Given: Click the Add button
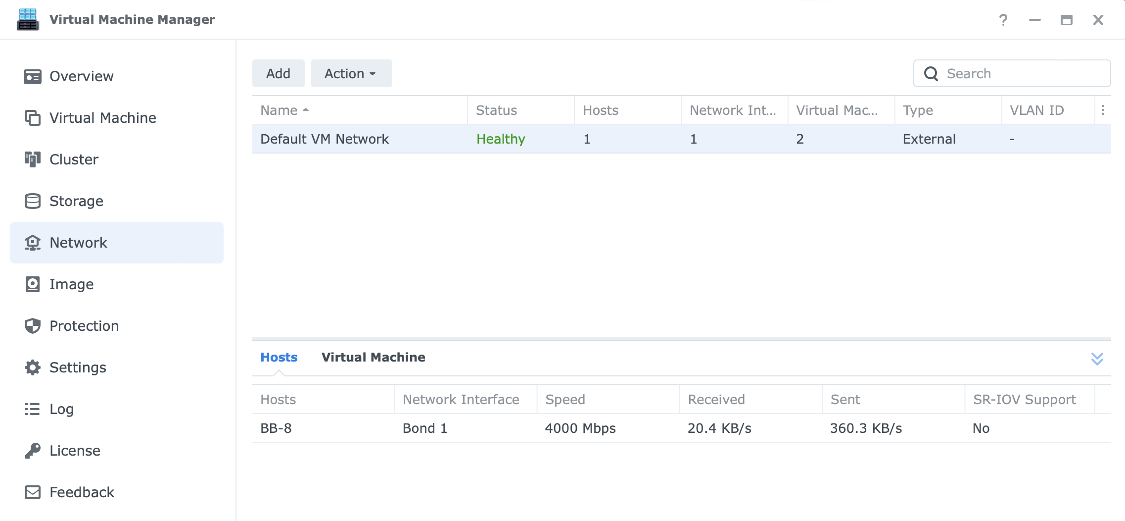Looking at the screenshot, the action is (x=278, y=73).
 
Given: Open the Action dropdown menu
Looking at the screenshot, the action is (x=351, y=73).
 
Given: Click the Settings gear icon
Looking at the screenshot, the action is (x=33, y=367).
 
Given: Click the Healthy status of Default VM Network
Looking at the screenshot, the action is (x=501, y=139).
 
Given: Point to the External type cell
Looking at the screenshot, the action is (x=929, y=139).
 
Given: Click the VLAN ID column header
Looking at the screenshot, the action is (x=1036, y=110).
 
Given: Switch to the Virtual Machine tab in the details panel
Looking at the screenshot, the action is (x=374, y=357).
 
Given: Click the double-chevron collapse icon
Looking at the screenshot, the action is (x=1097, y=359).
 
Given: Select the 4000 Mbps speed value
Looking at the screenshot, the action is (x=580, y=428).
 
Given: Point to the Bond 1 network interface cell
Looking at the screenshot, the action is (x=425, y=428).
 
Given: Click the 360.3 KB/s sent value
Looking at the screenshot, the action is (x=866, y=428).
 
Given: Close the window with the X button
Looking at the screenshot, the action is (x=1098, y=20).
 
